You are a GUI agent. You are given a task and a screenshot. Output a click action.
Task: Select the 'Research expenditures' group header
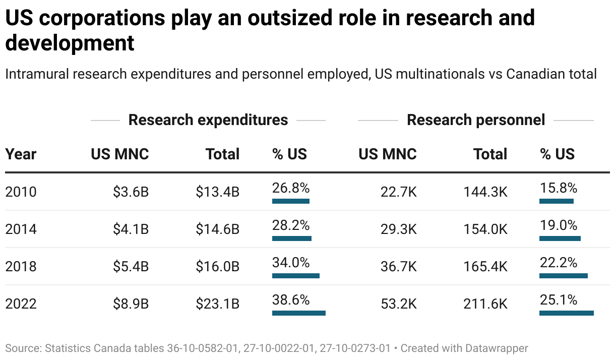(x=208, y=120)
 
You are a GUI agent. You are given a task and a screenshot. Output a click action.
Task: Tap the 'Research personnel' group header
(x=476, y=120)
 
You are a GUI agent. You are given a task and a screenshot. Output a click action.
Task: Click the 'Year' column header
(x=21, y=154)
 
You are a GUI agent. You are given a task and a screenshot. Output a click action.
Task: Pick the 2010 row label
(x=21, y=192)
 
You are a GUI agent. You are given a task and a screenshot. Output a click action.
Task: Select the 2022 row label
(x=21, y=304)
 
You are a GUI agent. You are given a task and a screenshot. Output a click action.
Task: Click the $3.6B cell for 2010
(x=131, y=192)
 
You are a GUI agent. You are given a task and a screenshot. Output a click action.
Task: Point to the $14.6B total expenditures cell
(x=217, y=229)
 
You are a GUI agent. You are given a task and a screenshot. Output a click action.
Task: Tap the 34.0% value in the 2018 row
(x=291, y=263)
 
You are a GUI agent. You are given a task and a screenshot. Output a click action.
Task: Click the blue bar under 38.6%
(x=298, y=313)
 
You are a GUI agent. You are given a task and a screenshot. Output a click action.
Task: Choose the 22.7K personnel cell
(x=398, y=192)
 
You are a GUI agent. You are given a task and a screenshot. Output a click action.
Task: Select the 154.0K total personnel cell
(x=485, y=229)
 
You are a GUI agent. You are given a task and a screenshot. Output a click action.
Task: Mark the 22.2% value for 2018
(x=558, y=263)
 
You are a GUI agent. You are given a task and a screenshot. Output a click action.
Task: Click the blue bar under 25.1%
(x=566, y=313)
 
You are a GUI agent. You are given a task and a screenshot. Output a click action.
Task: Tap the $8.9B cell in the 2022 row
(x=131, y=304)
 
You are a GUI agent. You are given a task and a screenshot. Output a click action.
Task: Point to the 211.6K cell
(x=485, y=304)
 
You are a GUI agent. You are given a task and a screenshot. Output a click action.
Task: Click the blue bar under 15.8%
(x=556, y=201)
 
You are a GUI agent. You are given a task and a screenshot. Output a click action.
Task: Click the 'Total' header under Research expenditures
(x=222, y=154)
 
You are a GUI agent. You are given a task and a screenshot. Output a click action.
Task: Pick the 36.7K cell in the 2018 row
(x=398, y=267)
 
